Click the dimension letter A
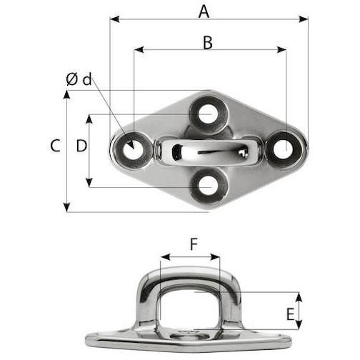(x=204, y=12)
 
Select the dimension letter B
(x=208, y=43)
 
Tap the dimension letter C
(x=55, y=146)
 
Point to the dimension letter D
(x=81, y=146)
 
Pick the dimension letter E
(x=290, y=314)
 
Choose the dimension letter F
(x=194, y=244)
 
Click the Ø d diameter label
(x=79, y=79)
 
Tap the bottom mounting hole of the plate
(x=208, y=185)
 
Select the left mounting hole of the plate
(x=132, y=150)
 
